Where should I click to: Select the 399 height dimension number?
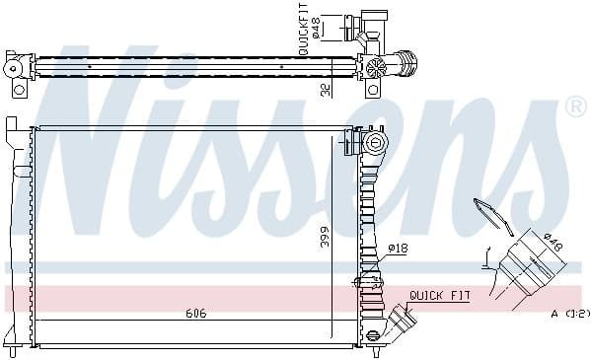point(324,238)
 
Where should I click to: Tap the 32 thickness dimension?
point(325,89)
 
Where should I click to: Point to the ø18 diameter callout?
point(398,249)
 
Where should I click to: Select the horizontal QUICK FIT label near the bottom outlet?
point(439,295)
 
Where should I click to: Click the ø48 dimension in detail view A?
point(554,244)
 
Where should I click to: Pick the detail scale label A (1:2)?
point(569,314)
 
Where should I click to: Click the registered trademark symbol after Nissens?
point(574,106)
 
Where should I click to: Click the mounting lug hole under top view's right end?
point(373,90)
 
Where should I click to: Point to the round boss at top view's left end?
point(14,67)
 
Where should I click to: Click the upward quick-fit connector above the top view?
point(374,25)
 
